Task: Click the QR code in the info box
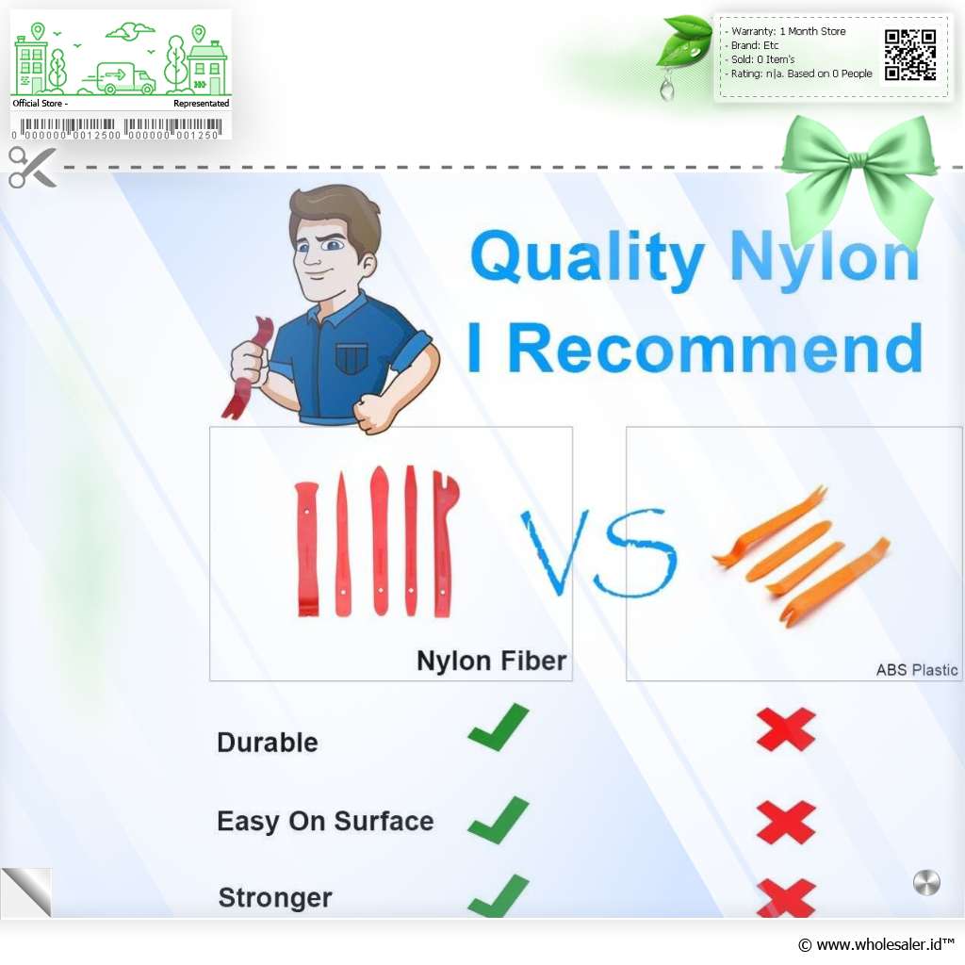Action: (x=910, y=55)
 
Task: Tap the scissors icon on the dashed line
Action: (x=32, y=168)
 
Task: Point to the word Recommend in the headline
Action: (x=716, y=349)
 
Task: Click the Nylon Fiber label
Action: (x=491, y=661)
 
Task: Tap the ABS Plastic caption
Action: (x=916, y=670)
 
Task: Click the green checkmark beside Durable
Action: (x=499, y=727)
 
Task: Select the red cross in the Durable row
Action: (x=786, y=729)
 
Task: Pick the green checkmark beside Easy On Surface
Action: (x=499, y=820)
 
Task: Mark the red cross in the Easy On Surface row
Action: (x=786, y=823)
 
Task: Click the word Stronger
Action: (x=275, y=897)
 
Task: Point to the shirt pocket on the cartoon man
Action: (x=352, y=358)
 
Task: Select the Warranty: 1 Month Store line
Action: (x=788, y=31)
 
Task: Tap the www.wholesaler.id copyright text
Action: (x=875, y=944)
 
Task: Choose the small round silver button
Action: (x=926, y=882)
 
